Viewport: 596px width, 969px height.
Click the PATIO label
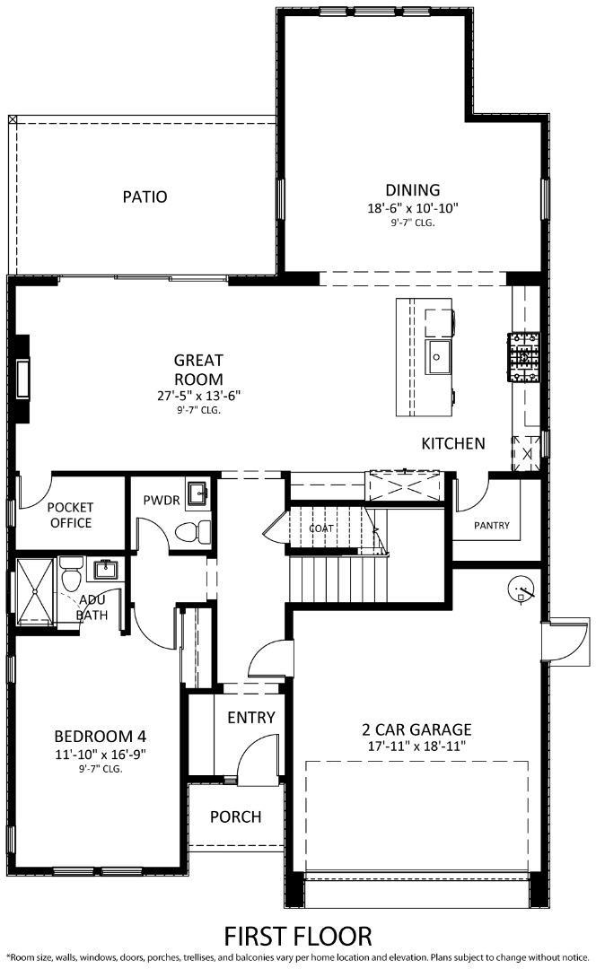point(145,196)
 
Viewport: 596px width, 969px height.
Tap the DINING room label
point(412,189)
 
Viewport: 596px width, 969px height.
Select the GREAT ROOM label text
point(198,370)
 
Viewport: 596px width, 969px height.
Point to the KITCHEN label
point(453,443)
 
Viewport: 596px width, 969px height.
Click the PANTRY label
point(492,525)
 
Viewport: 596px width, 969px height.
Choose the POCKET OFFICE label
point(70,515)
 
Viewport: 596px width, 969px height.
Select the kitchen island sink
point(439,358)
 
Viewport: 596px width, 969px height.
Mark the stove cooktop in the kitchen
point(523,358)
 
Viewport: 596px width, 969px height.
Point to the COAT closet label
point(320,528)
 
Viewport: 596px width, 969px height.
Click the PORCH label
point(235,816)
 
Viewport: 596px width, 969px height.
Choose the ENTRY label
point(250,718)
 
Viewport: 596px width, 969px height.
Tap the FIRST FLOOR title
point(297,937)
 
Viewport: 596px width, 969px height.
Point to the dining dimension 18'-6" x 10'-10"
point(412,208)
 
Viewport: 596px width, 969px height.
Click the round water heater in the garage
point(520,590)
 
